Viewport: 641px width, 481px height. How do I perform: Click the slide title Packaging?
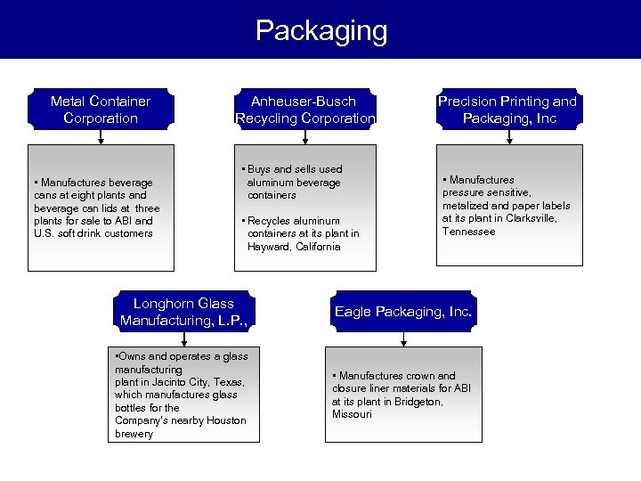point(320,30)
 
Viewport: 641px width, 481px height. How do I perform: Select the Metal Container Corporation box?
point(101,109)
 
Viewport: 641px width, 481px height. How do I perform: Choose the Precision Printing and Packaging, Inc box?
point(507,109)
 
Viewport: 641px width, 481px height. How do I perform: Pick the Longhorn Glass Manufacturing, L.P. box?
point(183,311)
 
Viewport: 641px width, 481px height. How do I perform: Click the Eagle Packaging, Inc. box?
point(403,312)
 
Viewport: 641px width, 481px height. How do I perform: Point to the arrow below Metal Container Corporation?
point(101,137)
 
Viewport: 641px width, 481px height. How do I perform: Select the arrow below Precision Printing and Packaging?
point(507,137)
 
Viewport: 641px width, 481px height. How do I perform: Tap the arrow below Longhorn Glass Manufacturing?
point(183,339)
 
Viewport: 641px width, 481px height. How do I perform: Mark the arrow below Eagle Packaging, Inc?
point(404,339)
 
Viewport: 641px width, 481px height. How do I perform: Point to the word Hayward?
point(268,247)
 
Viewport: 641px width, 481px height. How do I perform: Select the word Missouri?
point(353,414)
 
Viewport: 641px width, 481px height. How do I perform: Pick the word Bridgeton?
point(417,402)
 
